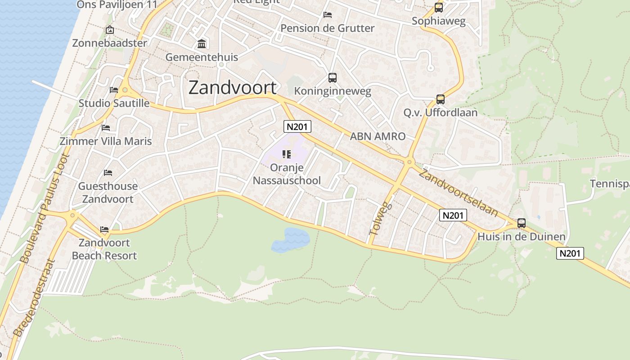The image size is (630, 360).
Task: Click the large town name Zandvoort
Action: [x=232, y=87]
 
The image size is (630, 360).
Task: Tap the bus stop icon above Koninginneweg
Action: [x=333, y=78]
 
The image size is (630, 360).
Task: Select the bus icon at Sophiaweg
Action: [x=439, y=8]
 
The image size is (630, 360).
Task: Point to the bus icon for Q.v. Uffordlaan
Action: [x=441, y=99]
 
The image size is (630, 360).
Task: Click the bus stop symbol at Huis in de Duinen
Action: [x=522, y=223]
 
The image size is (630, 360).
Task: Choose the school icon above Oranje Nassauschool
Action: [x=287, y=154]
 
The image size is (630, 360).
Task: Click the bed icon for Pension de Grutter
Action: [x=328, y=15]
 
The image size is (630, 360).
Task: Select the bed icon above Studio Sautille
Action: [x=114, y=90]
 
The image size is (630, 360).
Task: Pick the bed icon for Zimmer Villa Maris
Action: [x=106, y=128]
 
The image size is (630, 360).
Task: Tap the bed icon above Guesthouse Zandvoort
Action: [x=108, y=172]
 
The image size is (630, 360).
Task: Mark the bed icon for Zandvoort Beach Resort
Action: [x=104, y=229]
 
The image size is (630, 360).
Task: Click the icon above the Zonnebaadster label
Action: [x=109, y=30]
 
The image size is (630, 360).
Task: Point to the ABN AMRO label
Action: [x=378, y=136]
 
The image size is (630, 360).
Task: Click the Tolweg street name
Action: [x=381, y=219]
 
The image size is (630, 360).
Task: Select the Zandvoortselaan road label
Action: [x=458, y=193]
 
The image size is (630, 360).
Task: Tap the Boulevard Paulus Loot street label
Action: [x=45, y=208]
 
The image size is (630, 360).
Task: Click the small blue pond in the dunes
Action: [x=290, y=240]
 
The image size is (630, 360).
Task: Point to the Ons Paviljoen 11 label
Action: [x=117, y=4]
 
